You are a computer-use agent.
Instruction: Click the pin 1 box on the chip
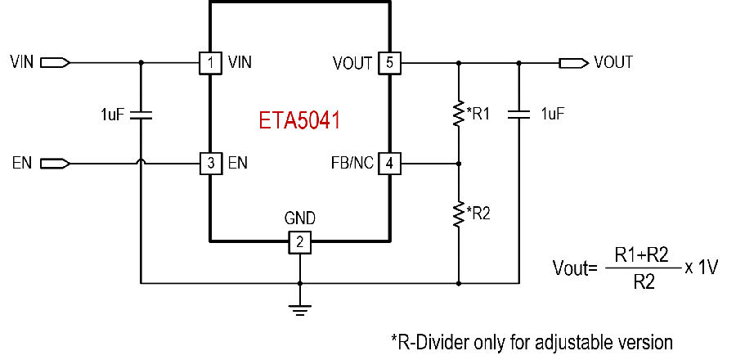211,62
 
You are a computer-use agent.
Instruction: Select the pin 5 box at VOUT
389,62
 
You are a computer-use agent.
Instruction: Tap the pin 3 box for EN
211,164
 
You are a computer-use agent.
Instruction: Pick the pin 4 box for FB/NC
389,164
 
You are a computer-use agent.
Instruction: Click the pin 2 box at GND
300,242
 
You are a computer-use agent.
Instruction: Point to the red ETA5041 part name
299,120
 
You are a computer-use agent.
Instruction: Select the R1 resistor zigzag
459,113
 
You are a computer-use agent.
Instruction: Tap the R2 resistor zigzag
459,214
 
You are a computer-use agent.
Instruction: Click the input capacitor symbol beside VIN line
141,115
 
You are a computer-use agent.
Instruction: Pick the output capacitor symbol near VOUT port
518,114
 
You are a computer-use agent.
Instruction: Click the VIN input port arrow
56,62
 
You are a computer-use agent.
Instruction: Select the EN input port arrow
56,164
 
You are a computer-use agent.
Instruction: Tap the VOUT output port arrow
573,62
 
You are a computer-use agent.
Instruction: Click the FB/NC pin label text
352,164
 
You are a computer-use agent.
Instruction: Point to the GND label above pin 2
300,218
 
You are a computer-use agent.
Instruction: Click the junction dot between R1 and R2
459,164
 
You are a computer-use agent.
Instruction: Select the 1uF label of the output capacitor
554,114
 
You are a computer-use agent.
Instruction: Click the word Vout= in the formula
575,268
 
